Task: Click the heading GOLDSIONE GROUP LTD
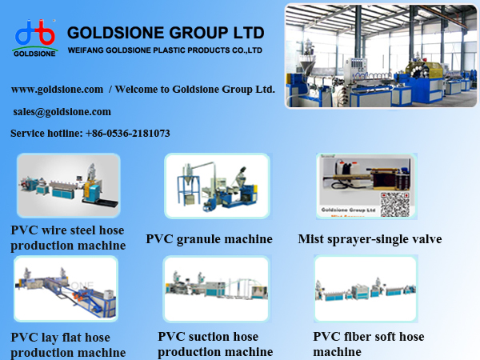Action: pyautogui.click(x=166, y=33)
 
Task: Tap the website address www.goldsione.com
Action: pyautogui.click(x=57, y=89)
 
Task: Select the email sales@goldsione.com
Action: pyautogui.click(x=62, y=112)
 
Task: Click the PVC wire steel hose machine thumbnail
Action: pyautogui.click(x=68, y=186)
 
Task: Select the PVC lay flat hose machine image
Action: pyautogui.click(x=66, y=289)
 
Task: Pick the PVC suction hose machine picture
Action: pyautogui.click(x=217, y=289)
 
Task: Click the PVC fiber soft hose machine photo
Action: pyautogui.click(x=366, y=289)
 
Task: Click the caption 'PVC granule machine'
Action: pyautogui.click(x=209, y=239)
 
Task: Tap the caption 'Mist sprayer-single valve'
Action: pyautogui.click(x=370, y=239)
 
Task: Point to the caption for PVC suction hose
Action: pyautogui.click(x=214, y=345)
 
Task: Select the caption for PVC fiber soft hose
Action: pyautogui.click(x=368, y=344)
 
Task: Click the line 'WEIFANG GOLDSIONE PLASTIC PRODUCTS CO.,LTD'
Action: pyautogui.click(x=166, y=50)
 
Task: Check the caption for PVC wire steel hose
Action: pyautogui.click(x=67, y=238)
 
